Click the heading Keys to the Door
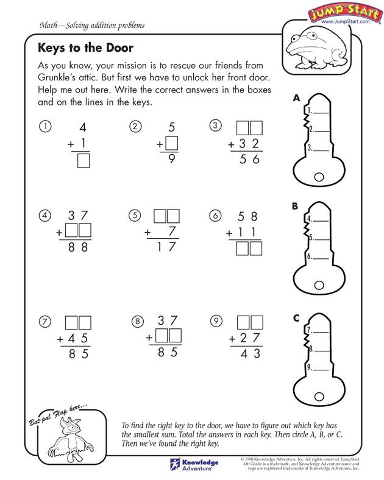tap(85, 48)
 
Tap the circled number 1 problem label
tap(43, 127)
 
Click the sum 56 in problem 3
tap(249, 160)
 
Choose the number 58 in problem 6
tap(249, 216)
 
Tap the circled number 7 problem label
tap(43, 322)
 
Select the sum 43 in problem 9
tap(249, 353)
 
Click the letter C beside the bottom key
tap(296, 317)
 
